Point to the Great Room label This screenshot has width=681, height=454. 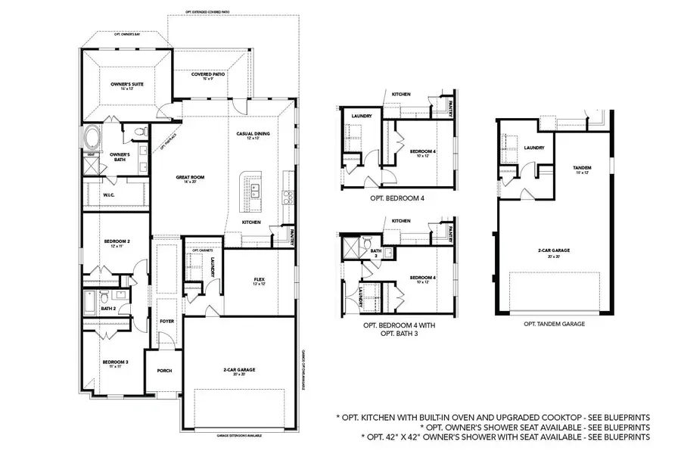tap(190, 179)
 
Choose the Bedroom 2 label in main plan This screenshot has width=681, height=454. tap(117, 242)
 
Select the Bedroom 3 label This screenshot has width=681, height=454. tap(116, 362)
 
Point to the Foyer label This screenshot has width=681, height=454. tap(167, 321)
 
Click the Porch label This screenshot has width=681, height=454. tap(164, 371)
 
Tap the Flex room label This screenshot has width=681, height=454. tap(259, 281)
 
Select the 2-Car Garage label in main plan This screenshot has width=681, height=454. tap(239, 370)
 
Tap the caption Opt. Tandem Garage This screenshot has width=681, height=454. tap(554, 323)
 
